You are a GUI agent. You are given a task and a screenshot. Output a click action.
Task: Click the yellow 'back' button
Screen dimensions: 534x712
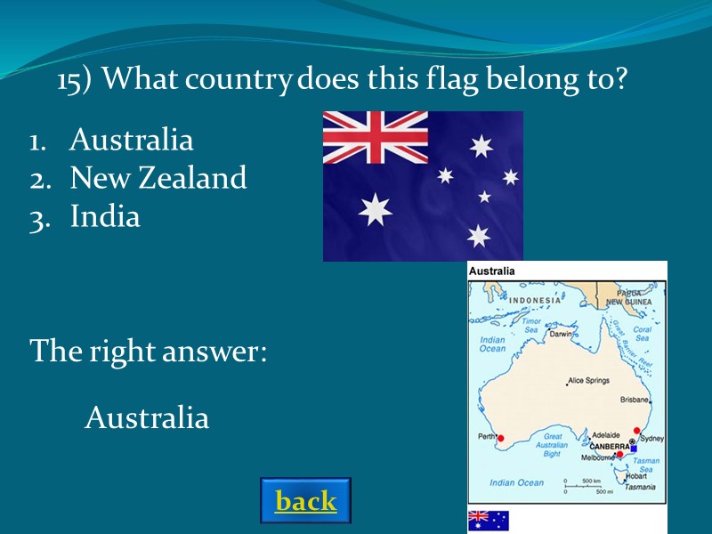(306, 501)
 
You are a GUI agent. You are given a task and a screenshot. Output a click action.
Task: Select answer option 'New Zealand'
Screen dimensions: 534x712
(158, 179)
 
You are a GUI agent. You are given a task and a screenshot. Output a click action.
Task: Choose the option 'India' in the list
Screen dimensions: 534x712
(105, 217)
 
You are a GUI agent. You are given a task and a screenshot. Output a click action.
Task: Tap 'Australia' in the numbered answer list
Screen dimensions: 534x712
(131, 140)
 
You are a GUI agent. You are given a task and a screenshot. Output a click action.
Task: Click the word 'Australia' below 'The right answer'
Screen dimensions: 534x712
(147, 417)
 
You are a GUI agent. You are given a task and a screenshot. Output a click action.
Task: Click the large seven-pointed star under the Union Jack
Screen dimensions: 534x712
(375, 210)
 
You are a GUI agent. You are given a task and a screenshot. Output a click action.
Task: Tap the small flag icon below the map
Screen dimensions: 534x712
(489, 521)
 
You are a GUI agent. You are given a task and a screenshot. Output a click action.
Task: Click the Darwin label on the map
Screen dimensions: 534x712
(561, 335)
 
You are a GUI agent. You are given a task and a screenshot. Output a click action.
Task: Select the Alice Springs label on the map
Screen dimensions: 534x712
(588, 381)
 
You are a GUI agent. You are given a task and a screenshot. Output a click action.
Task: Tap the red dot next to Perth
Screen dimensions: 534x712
(501, 438)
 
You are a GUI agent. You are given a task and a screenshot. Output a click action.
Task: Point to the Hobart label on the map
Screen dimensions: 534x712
(635, 476)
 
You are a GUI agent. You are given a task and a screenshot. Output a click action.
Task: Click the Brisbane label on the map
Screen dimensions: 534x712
(635, 400)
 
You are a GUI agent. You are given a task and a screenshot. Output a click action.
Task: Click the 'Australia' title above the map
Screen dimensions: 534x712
(492, 271)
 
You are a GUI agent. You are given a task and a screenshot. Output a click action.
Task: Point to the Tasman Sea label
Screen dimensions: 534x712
(647, 466)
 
